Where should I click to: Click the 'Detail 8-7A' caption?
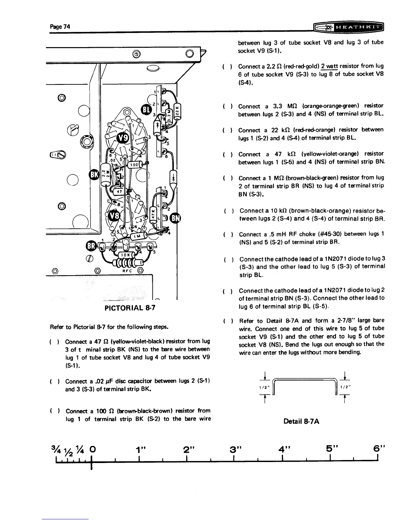pyautogui.click(x=301, y=421)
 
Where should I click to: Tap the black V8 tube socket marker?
pyautogui.click(x=117, y=217)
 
